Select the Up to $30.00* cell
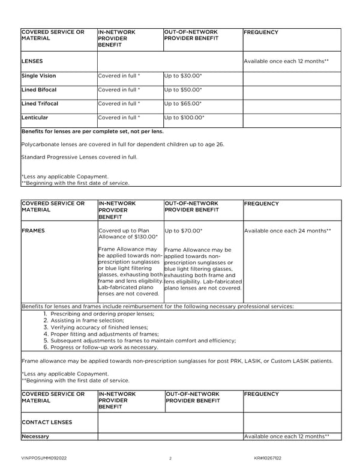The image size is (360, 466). pyautogui.click(x=183, y=76)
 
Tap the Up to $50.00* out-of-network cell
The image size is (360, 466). pyautogui.click(x=183, y=90)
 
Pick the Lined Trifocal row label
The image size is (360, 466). pyautogui.click(x=40, y=104)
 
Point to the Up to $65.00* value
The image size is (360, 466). pyautogui.click(x=183, y=104)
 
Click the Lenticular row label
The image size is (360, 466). pyautogui.click(x=35, y=118)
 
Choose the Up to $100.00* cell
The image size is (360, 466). pyautogui.click(x=184, y=118)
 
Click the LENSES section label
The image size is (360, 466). pyautogui.click(x=32, y=62)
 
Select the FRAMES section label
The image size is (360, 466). pyautogui.click(x=33, y=231)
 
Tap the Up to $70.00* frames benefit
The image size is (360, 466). pyautogui.click(x=183, y=231)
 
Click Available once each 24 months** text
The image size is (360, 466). pyautogui.click(x=287, y=231)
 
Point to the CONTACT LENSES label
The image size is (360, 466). pyautogui.click(x=46, y=422)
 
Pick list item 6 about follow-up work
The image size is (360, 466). pyautogui.click(x=101, y=347)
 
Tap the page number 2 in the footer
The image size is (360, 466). pyautogui.click(x=170, y=458)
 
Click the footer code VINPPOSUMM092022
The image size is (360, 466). pyautogui.click(x=44, y=458)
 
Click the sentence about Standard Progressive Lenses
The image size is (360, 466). pyautogui.click(x=79, y=157)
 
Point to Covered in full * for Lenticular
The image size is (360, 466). pyautogui.click(x=119, y=118)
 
